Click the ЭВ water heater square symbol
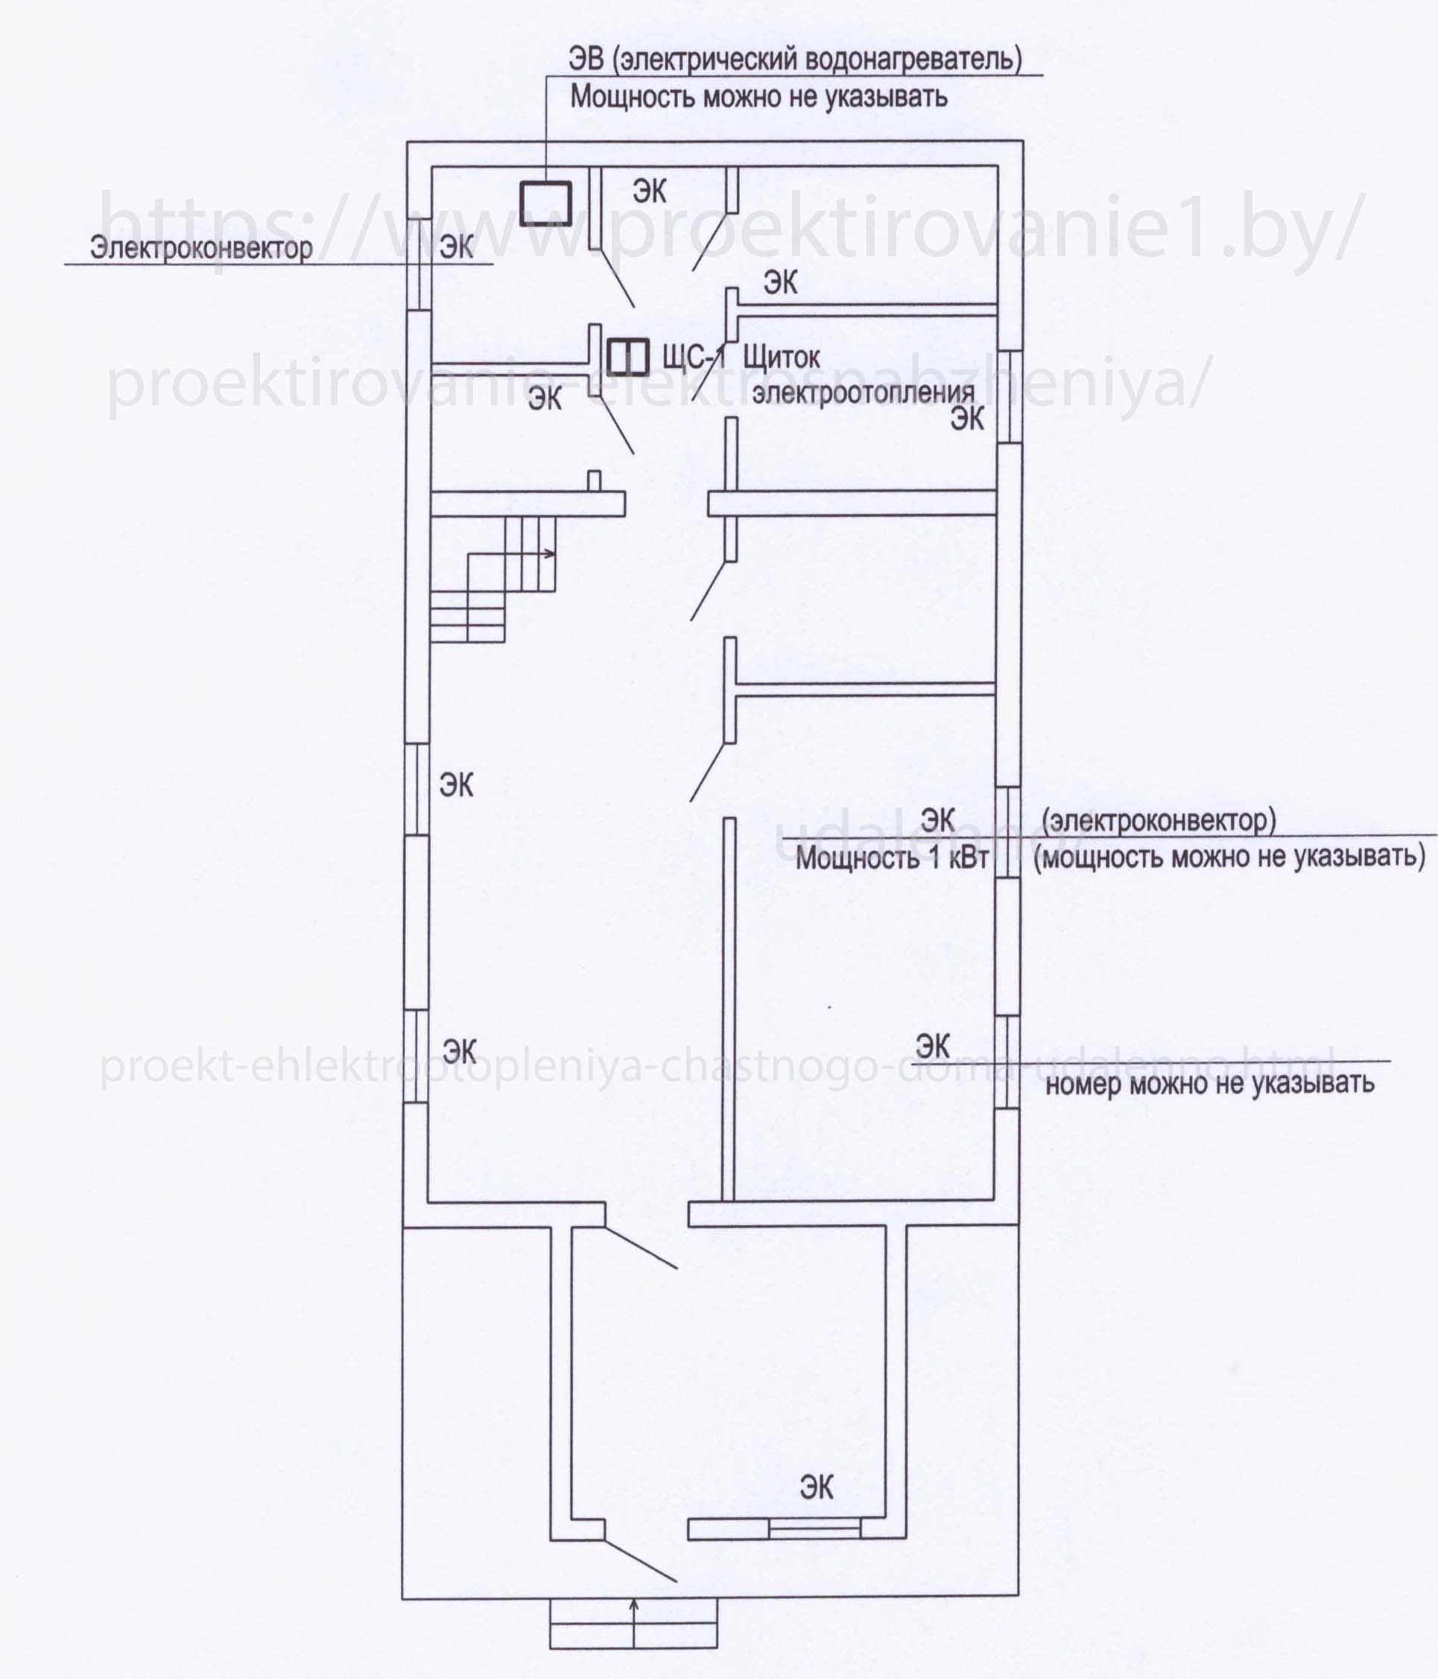545,203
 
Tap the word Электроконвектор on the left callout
201,247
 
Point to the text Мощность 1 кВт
893,857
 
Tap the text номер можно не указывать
1209,1083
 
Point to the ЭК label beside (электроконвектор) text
939,819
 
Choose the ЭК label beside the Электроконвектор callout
457,247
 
